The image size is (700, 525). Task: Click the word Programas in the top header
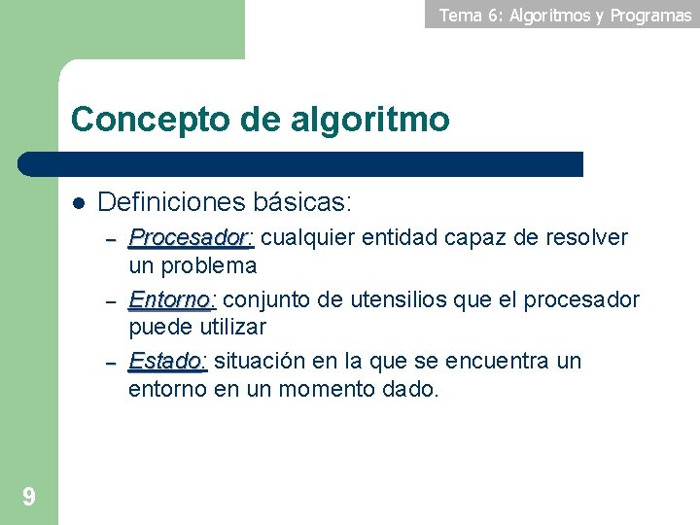pyautogui.click(x=650, y=15)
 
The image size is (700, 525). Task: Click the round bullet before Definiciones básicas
pyautogui.click(x=79, y=203)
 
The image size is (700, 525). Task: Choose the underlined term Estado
pyautogui.click(x=166, y=362)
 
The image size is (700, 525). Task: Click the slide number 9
pyautogui.click(x=29, y=498)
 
